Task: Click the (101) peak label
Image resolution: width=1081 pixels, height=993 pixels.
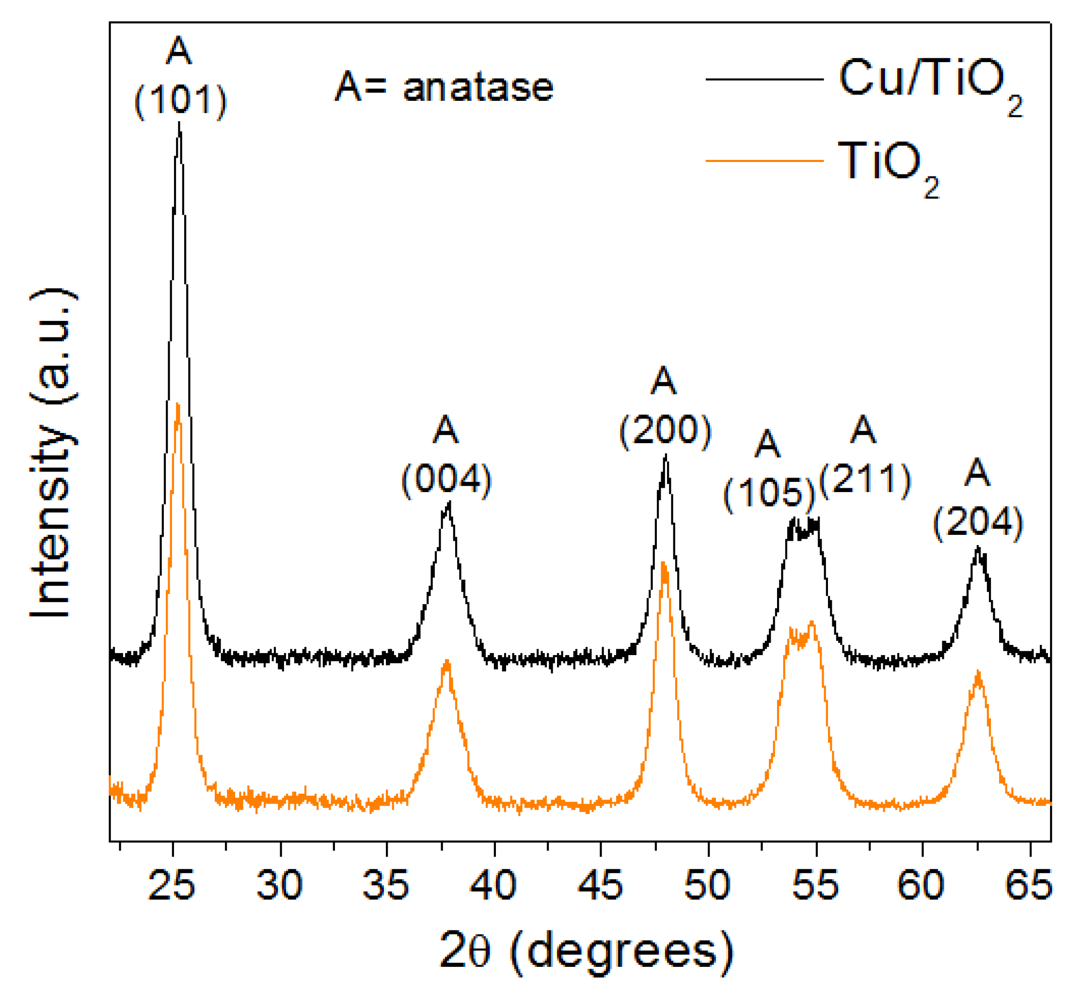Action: [180, 100]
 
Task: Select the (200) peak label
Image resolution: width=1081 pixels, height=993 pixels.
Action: [665, 431]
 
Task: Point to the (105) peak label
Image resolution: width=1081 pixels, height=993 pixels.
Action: [769, 493]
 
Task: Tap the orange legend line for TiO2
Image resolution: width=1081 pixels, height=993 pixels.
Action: [764, 160]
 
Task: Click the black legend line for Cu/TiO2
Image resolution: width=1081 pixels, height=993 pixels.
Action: [764, 80]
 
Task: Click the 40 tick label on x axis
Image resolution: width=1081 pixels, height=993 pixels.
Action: [493, 885]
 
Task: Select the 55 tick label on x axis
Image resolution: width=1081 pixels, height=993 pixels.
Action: [815, 885]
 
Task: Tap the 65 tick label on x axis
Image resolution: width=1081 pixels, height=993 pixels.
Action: [1028, 885]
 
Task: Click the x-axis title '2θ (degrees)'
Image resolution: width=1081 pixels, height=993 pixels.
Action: [586, 952]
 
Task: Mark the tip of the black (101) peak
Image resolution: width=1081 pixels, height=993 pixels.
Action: [179, 123]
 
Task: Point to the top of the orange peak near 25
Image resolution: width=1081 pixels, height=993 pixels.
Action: [177, 403]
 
